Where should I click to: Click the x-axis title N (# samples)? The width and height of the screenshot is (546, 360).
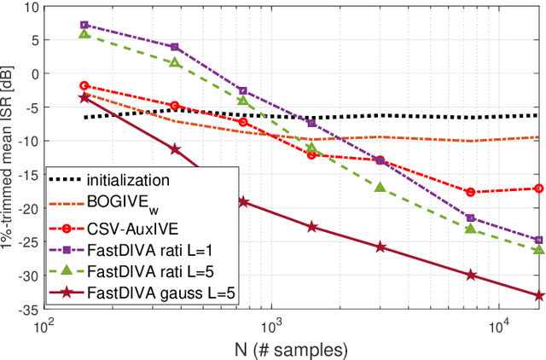click(292, 348)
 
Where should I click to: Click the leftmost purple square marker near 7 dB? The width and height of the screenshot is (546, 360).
click(84, 26)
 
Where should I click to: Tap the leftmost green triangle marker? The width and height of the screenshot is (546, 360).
click(84, 33)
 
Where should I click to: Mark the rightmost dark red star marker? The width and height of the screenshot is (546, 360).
click(538, 295)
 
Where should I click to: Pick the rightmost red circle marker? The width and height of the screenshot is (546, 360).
click(538, 189)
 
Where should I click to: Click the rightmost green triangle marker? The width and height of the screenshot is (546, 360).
click(538, 248)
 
